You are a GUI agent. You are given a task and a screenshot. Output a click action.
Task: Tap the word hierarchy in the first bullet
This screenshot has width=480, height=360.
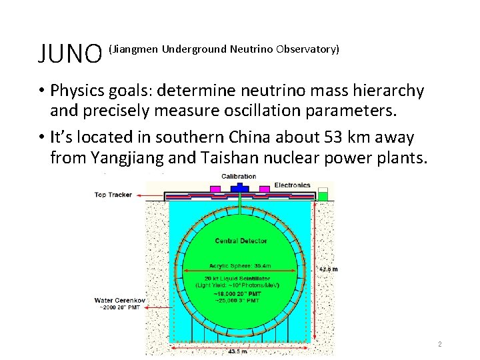[387, 90]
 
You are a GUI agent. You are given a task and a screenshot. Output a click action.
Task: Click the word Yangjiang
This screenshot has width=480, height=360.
[121, 159]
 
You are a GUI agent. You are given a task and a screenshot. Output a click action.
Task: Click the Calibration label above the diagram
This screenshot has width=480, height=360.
[238, 177]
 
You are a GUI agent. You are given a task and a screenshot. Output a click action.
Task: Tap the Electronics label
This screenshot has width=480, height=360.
[292, 185]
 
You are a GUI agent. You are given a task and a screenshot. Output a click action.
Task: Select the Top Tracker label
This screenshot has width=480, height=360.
[113, 195]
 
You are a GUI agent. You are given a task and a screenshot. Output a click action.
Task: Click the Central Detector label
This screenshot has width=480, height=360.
[241, 240]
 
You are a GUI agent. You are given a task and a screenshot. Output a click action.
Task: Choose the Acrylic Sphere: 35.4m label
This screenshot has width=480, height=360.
[241, 265]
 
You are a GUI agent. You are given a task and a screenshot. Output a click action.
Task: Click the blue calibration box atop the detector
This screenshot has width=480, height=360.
[239, 189]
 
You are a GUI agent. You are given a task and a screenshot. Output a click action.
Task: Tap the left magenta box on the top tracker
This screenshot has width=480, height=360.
[215, 189]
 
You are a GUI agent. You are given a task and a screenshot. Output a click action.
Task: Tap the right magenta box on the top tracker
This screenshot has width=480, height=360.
[264, 189]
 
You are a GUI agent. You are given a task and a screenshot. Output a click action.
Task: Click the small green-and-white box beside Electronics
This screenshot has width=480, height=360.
[323, 195]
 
